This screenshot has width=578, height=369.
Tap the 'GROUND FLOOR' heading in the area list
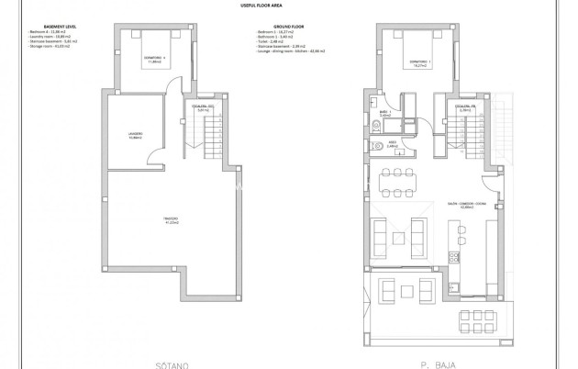tap(274, 27)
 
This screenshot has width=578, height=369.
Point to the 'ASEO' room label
tap(391, 143)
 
